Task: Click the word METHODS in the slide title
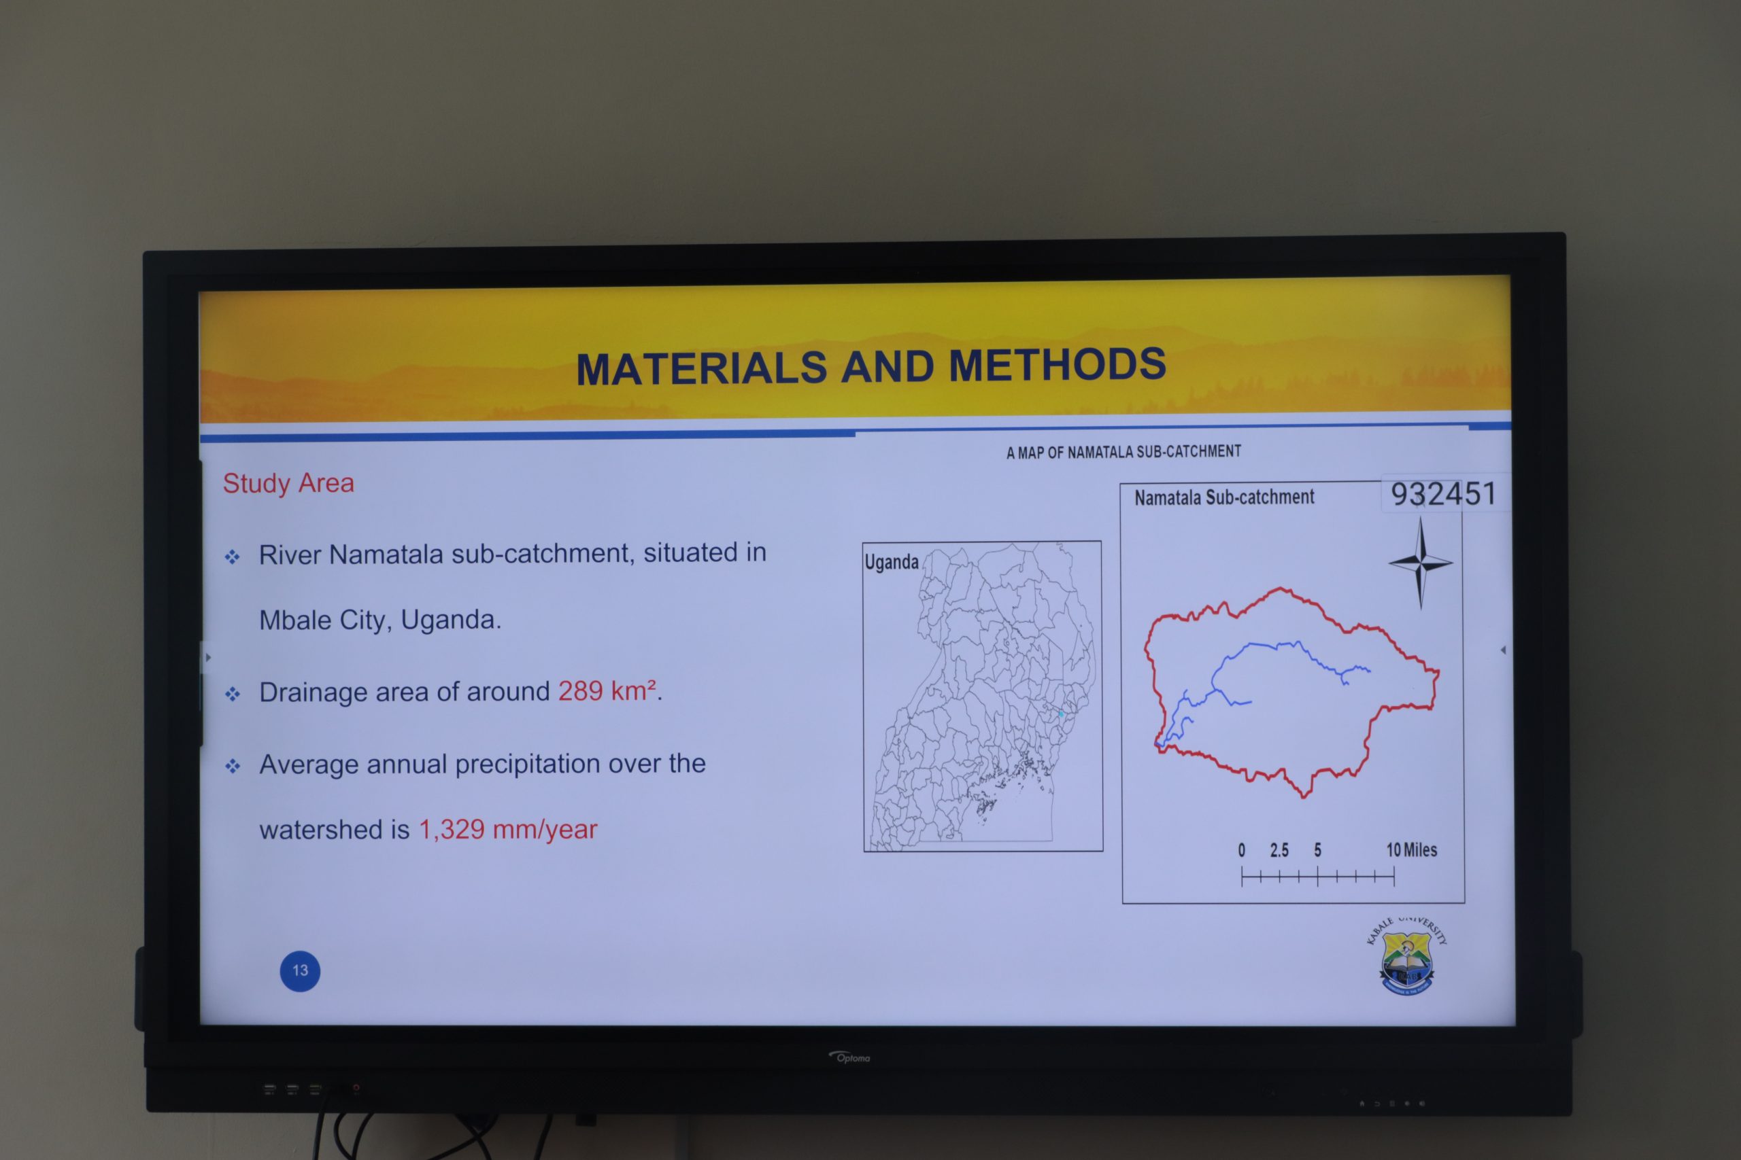tap(1057, 365)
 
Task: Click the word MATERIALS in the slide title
tap(701, 368)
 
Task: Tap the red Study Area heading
tap(288, 483)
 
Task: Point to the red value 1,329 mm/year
tap(508, 829)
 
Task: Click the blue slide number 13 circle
tap(300, 970)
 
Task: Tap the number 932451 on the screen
tap(1443, 493)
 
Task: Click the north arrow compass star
tap(1421, 563)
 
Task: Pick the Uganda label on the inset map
tap(891, 562)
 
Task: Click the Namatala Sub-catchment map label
tap(1224, 497)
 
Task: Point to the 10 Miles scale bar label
tap(1412, 850)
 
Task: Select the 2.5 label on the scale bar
tap(1279, 850)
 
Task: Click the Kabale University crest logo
tap(1406, 957)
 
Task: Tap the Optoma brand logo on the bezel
tap(850, 1057)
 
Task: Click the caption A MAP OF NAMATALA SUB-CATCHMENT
tap(1123, 451)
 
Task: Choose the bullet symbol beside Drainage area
tap(233, 694)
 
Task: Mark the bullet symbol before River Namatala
tap(233, 557)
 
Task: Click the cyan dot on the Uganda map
tap(1060, 714)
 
